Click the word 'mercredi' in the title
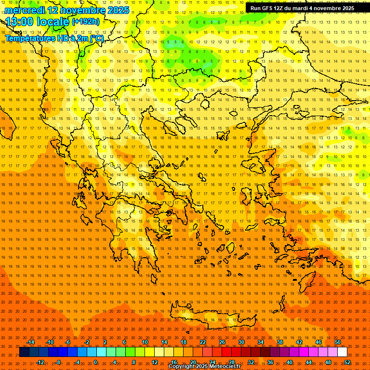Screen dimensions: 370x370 [26, 10]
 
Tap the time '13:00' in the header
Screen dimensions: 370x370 [20, 22]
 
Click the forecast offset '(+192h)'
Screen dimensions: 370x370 [86, 22]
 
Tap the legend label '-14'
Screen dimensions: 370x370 [30, 342]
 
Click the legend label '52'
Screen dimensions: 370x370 [347, 362]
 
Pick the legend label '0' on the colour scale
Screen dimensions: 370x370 [95, 362]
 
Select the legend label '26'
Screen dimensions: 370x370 [222, 342]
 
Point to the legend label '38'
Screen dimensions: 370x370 [280, 342]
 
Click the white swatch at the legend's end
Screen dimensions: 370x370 [342, 352]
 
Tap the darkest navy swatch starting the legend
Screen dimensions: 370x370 [24, 352]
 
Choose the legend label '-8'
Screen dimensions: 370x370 [58, 362]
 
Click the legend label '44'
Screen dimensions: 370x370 [309, 362]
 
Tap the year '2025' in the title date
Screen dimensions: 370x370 [118, 10]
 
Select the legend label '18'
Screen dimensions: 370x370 [184, 342]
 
